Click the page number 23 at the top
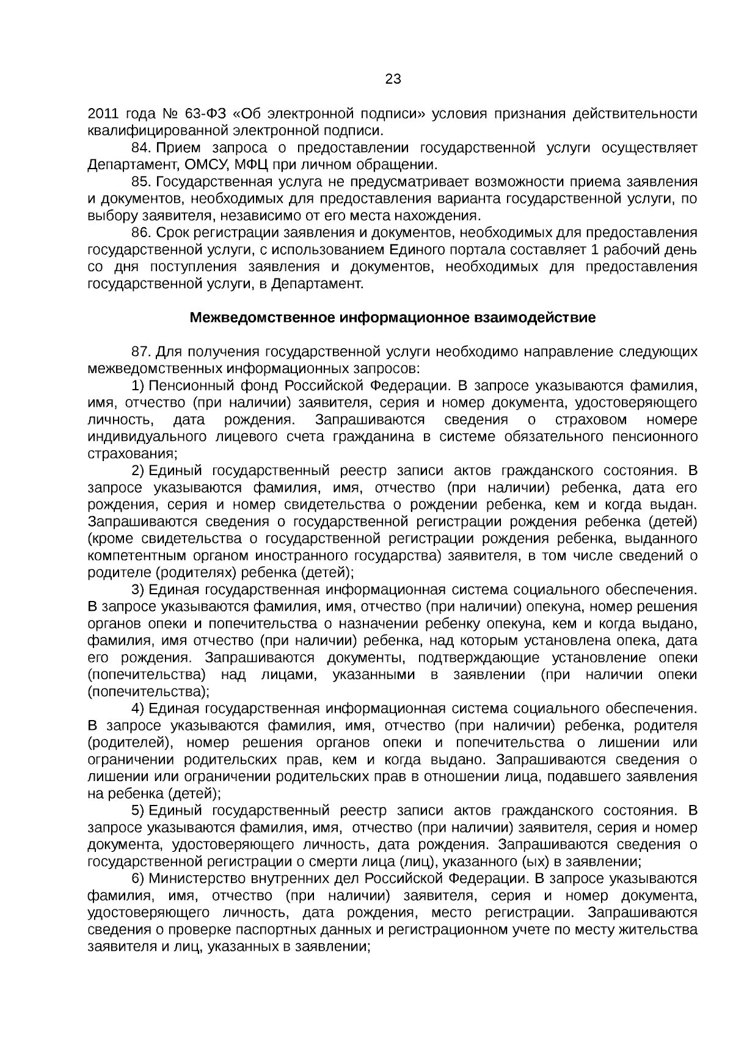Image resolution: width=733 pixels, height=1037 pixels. click(x=393, y=79)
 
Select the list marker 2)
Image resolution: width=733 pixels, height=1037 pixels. click(x=137, y=471)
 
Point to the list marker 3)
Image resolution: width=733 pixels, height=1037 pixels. click(x=137, y=590)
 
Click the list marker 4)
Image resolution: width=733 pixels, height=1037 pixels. click(x=137, y=708)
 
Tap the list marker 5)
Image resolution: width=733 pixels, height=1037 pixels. click(x=137, y=810)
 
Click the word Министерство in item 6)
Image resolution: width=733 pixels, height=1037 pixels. click(x=197, y=878)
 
